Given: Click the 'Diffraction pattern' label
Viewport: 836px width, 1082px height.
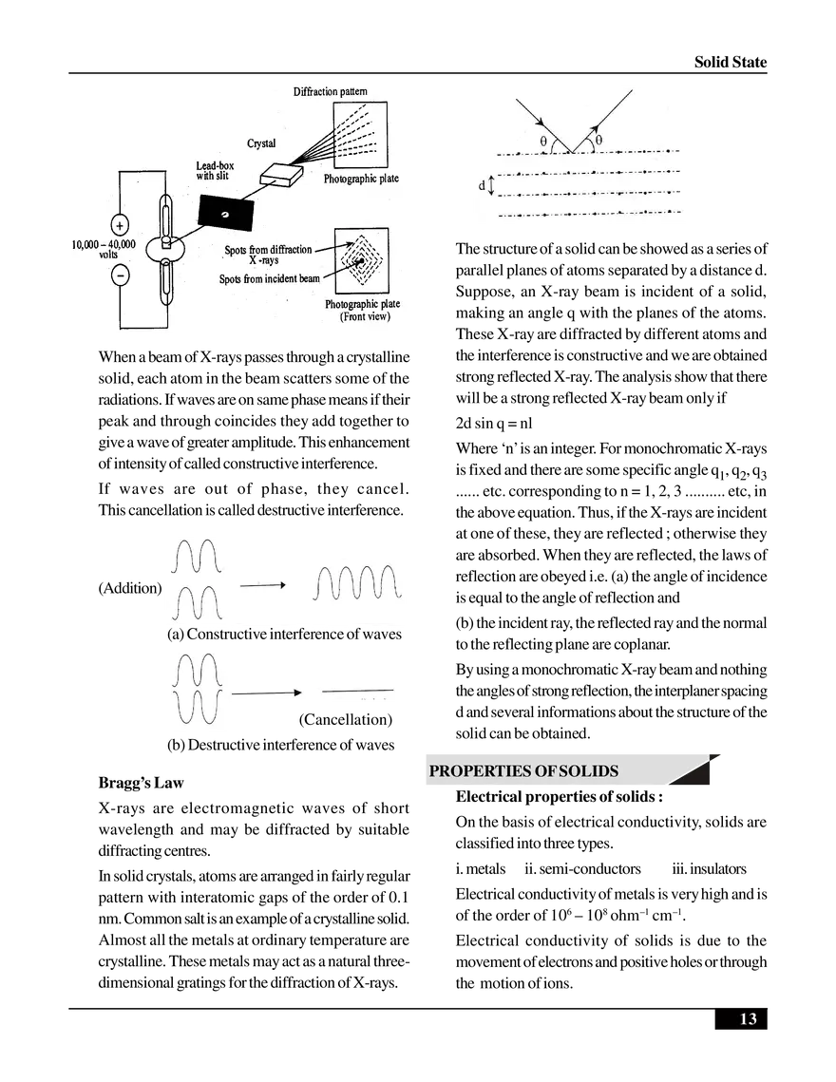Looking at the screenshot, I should [x=330, y=91].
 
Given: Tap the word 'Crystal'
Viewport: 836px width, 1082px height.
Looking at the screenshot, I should [x=261, y=143].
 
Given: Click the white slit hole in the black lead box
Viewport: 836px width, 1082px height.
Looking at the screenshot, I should [x=225, y=215].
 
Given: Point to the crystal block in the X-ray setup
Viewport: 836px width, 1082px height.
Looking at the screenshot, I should [x=283, y=173].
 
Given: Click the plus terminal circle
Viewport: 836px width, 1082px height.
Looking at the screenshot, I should [x=120, y=226].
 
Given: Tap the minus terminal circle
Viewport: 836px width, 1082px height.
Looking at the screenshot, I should [x=120, y=276].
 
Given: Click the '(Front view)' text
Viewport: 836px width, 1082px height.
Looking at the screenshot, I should [x=363, y=317].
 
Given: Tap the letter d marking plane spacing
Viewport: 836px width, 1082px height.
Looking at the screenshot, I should [x=482, y=186].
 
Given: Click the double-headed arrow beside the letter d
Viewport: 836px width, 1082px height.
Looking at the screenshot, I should [x=491, y=186].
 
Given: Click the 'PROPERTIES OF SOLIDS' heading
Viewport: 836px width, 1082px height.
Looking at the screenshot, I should [x=523, y=770].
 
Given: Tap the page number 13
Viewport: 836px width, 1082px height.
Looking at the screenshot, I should [x=748, y=1019].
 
